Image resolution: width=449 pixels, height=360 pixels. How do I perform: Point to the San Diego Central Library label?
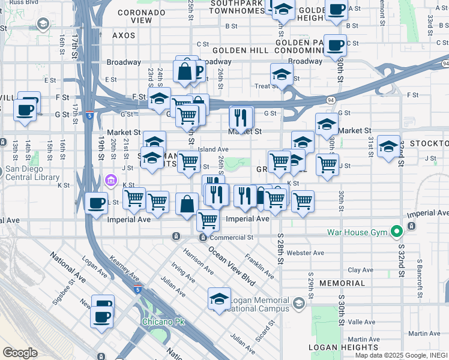coord(32,173)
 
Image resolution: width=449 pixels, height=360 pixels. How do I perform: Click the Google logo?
coord(20,353)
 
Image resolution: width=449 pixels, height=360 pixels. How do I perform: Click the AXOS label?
coord(124,35)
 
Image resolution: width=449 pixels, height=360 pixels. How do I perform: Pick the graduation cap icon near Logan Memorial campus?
coord(219,299)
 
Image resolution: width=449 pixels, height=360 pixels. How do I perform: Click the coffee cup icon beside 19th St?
coord(96,203)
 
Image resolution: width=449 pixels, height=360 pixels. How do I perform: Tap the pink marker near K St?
coord(110,180)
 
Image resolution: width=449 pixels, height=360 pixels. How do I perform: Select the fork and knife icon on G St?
coord(241,115)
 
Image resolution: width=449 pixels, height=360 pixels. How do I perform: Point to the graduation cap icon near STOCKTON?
coord(388,146)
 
